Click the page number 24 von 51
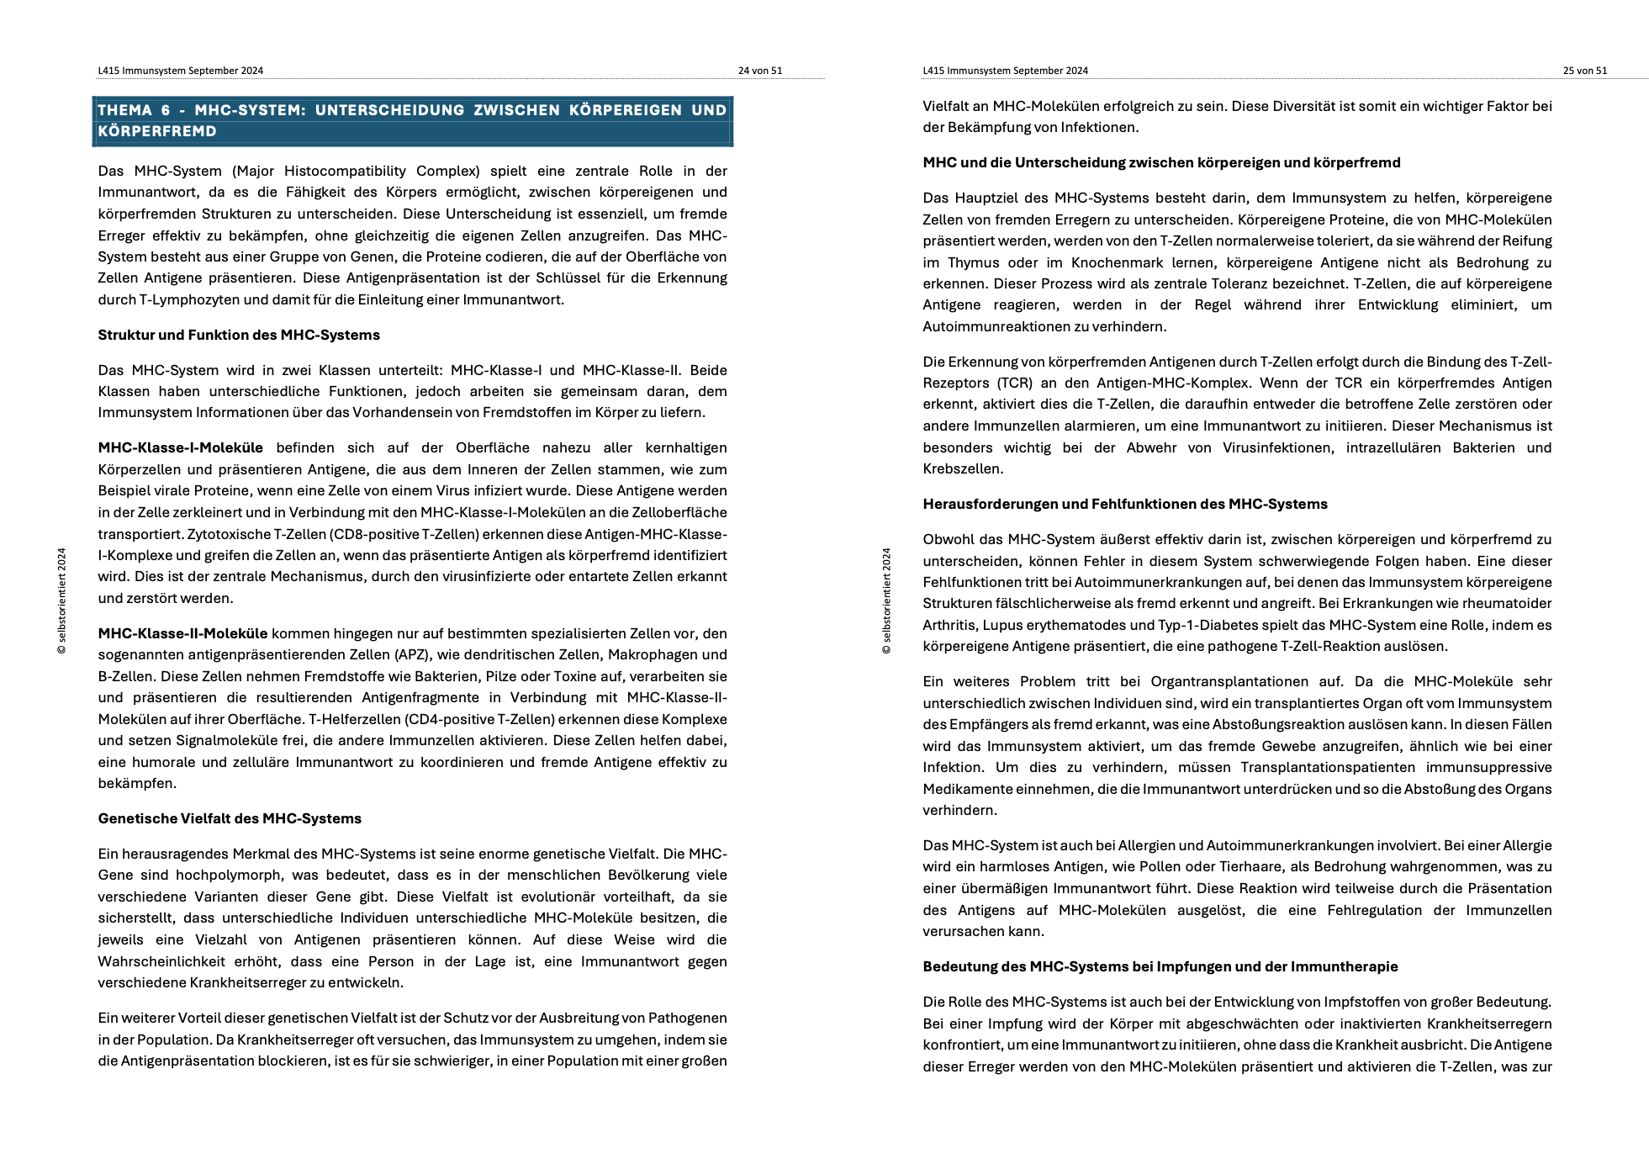(x=759, y=71)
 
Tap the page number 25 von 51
(x=1584, y=71)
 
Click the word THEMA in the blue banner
(x=124, y=110)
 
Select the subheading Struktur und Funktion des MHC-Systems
(x=239, y=335)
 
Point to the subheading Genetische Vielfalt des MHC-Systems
(x=230, y=818)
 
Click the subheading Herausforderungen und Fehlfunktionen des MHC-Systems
(x=1124, y=504)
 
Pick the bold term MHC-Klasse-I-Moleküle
(x=180, y=447)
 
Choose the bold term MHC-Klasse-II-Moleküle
(x=182, y=633)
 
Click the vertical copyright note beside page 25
(x=886, y=601)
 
